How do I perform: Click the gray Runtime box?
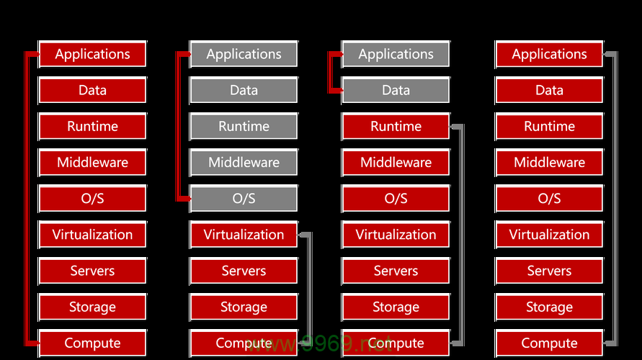pyautogui.click(x=244, y=126)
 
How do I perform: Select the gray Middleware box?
pyautogui.click(x=244, y=163)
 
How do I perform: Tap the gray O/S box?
pyautogui.click(x=244, y=199)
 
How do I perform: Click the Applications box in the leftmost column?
pyautogui.click(x=92, y=54)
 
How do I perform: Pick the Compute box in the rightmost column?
pyautogui.click(x=549, y=343)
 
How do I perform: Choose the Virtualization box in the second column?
pyautogui.click(x=244, y=235)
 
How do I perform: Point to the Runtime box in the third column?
pyautogui.click(x=396, y=126)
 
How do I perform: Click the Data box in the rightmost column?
pyautogui.click(x=549, y=90)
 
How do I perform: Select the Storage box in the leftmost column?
pyautogui.click(x=92, y=307)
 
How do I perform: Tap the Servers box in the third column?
pyautogui.click(x=396, y=271)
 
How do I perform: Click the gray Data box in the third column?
pyautogui.click(x=396, y=90)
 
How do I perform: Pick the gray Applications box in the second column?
pyautogui.click(x=244, y=54)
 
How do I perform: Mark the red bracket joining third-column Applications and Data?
pyautogui.click(x=329, y=72)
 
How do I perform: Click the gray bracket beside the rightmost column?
pyautogui.click(x=615, y=199)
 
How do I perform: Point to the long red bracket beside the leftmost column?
pyautogui.click(x=27, y=199)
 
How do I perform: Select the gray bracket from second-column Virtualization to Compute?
pyautogui.click(x=310, y=289)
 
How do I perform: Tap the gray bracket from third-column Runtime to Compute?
pyautogui.click(x=462, y=235)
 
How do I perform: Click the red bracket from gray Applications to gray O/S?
pyautogui.click(x=178, y=126)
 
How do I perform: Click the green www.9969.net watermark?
pyautogui.click(x=319, y=343)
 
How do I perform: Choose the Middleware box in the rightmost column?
pyautogui.click(x=549, y=163)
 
